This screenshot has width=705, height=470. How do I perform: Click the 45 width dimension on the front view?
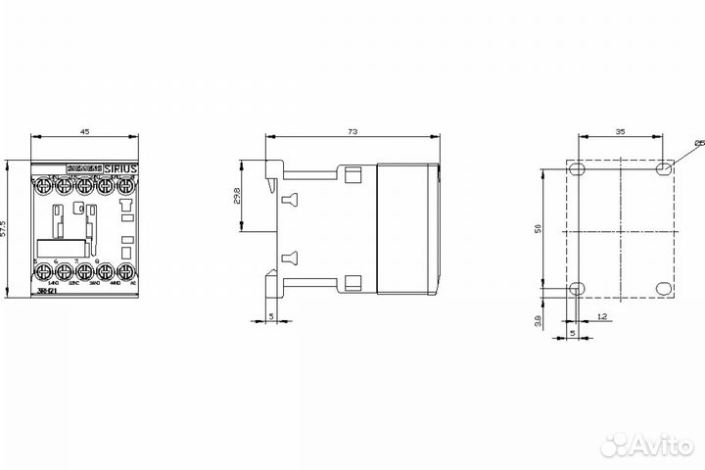pyautogui.click(x=85, y=131)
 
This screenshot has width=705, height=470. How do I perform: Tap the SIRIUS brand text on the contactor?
pyautogui.click(x=121, y=169)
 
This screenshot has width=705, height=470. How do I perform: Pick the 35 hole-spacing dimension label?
pyautogui.click(x=622, y=131)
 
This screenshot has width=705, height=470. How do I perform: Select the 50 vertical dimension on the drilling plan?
pyautogui.click(x=550, y=229)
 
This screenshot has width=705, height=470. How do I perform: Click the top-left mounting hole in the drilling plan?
pyautogui.click(x=578, y=169)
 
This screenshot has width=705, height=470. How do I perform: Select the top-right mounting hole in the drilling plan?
pyautogui.click(x=665, y=169)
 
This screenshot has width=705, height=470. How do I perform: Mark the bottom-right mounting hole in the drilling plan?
pyautogui.click(x=665, y=289)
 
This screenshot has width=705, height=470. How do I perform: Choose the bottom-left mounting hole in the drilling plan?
pyautogui.click(x=578, y=289)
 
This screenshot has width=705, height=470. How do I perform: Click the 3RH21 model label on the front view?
pyautogui.click(x=45, y=291)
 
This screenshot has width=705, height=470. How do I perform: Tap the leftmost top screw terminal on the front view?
pyautogui.click(x=44, y=183)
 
